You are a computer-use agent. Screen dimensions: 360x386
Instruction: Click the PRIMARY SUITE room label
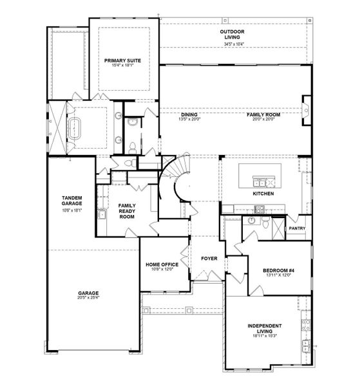[122, 60]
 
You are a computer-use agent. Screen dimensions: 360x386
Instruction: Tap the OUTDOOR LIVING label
[232, 35]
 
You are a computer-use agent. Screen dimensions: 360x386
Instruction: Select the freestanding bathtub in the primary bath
[74, 129]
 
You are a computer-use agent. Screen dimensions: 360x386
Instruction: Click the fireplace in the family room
[307, 111]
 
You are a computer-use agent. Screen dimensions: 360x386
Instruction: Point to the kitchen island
[260, 176]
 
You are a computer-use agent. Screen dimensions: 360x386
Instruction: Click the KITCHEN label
[263, 194]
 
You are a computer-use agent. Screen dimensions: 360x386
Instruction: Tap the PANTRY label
[297, 228]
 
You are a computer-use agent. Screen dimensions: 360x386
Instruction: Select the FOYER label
[209, 259]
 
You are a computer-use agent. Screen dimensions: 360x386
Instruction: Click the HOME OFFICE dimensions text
[162, 269]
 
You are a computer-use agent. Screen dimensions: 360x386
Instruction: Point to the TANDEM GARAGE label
[71, 201]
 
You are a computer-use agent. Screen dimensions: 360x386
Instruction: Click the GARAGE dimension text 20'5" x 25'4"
[88, 297]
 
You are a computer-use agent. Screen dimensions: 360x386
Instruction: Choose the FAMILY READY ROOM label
[127, 211]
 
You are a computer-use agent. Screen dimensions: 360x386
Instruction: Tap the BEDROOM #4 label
[278, 271]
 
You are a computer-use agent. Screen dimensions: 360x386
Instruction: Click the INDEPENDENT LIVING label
[265, 328]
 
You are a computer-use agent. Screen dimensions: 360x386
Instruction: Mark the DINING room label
[189, 115]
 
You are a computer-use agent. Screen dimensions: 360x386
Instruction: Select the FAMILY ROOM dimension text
[263, 119]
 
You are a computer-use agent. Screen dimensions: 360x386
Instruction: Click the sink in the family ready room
[102, 214]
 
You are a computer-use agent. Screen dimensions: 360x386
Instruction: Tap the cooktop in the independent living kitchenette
[306, 325]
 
